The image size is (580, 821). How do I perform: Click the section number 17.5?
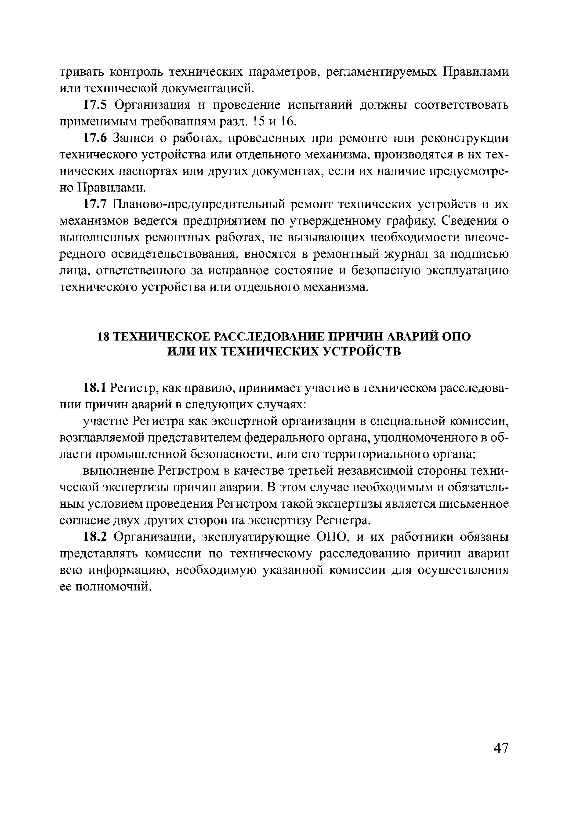pos(95,105)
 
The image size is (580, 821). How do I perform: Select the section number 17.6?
pos(95,138)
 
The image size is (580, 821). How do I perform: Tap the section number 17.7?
pos(95,205)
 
